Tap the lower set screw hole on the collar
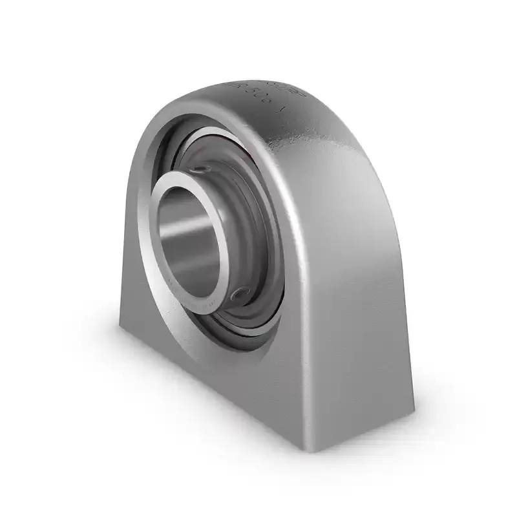click(241, 295)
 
